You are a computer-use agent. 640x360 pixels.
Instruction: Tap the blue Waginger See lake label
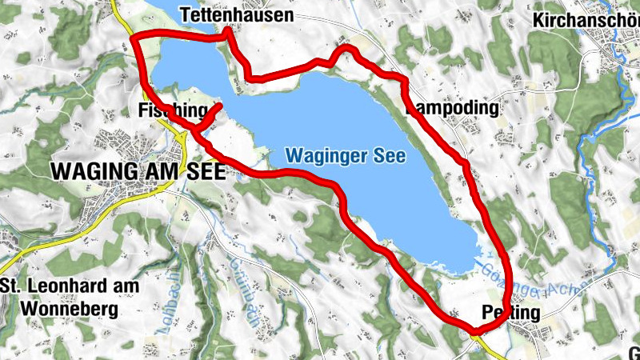[x=346, y=154]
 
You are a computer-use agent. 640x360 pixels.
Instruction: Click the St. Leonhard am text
[x=70, y=286]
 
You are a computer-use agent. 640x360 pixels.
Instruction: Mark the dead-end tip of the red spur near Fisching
[x=219, y=106]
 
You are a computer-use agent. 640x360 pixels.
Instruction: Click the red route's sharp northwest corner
[x=135, y=38]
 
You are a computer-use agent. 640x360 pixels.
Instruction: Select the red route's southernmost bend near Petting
[x=474, y=330]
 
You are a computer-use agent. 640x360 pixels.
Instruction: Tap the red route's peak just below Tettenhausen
[x=228, y=30]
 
